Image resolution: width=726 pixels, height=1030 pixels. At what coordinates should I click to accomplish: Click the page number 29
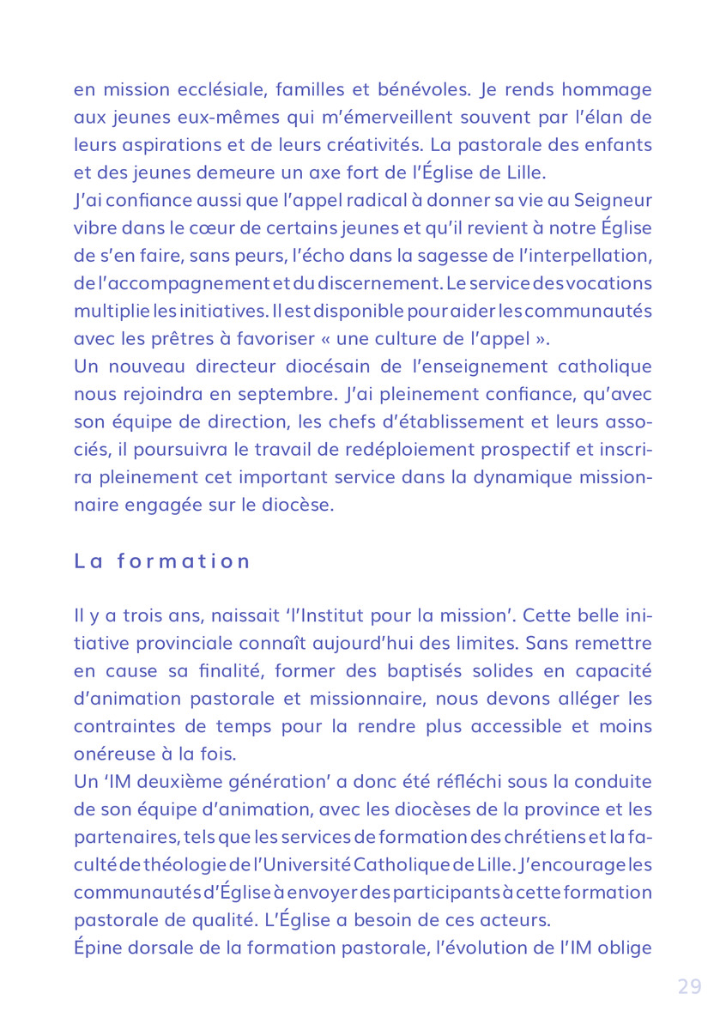[689, 987]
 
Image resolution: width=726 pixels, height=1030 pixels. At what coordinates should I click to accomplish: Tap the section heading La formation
[162, 561]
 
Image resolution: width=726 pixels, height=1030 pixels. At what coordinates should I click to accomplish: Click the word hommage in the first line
[609, 89]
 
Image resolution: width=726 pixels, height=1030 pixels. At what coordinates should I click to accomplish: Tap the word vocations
[608, 283]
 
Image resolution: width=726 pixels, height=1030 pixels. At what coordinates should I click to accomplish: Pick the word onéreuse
[111, 753]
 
